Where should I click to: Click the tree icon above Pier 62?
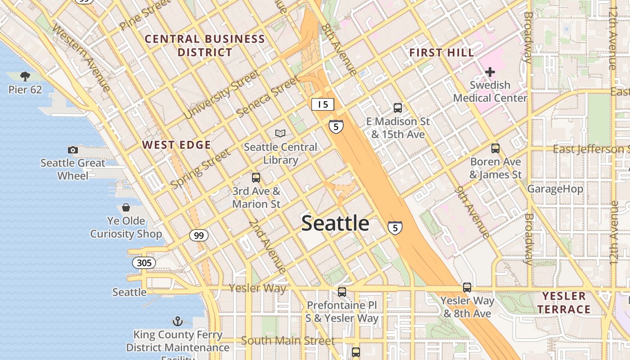pyautogui.click(x=25, y=76)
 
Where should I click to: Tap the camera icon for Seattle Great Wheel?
pyautogui.click(x=72, y=150)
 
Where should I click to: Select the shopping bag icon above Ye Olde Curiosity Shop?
pyautogui.click(x=126, y=207)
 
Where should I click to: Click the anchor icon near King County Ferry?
pyautogui.click(x=178, y=321)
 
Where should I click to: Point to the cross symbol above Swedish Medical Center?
pyautogui.click(x=490, y=72)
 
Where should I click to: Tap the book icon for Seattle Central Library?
pyautogui.click(x=280, y=134)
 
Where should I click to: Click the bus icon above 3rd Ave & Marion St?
pyautogui.click(x=256, y=178)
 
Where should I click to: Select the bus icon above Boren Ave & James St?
pyautogui.click(x=495, y=148)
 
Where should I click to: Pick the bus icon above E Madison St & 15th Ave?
pyautogui.click(x=397, y=108)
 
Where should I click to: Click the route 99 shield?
pyautogui.click(x=198, y=235)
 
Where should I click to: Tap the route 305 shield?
pyautogui.click(x=144, y=262)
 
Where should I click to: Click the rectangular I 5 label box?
pyautogui.click(x=323, y=104)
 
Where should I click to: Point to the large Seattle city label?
pyautogui.click(x=335, y=223)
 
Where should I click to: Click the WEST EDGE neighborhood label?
pyautogui.click(x=176, y=145)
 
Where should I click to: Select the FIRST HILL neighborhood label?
pyautogui.click(x=441, y=53)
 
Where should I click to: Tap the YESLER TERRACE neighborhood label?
pyautogui.click(x=564, y=302)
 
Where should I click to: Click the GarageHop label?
pyautogui.click(x=555, y=189)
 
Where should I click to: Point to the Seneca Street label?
pyautogui.click(x=267, y=97)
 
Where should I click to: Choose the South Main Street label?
pyautogui.click(x=288, y=341)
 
